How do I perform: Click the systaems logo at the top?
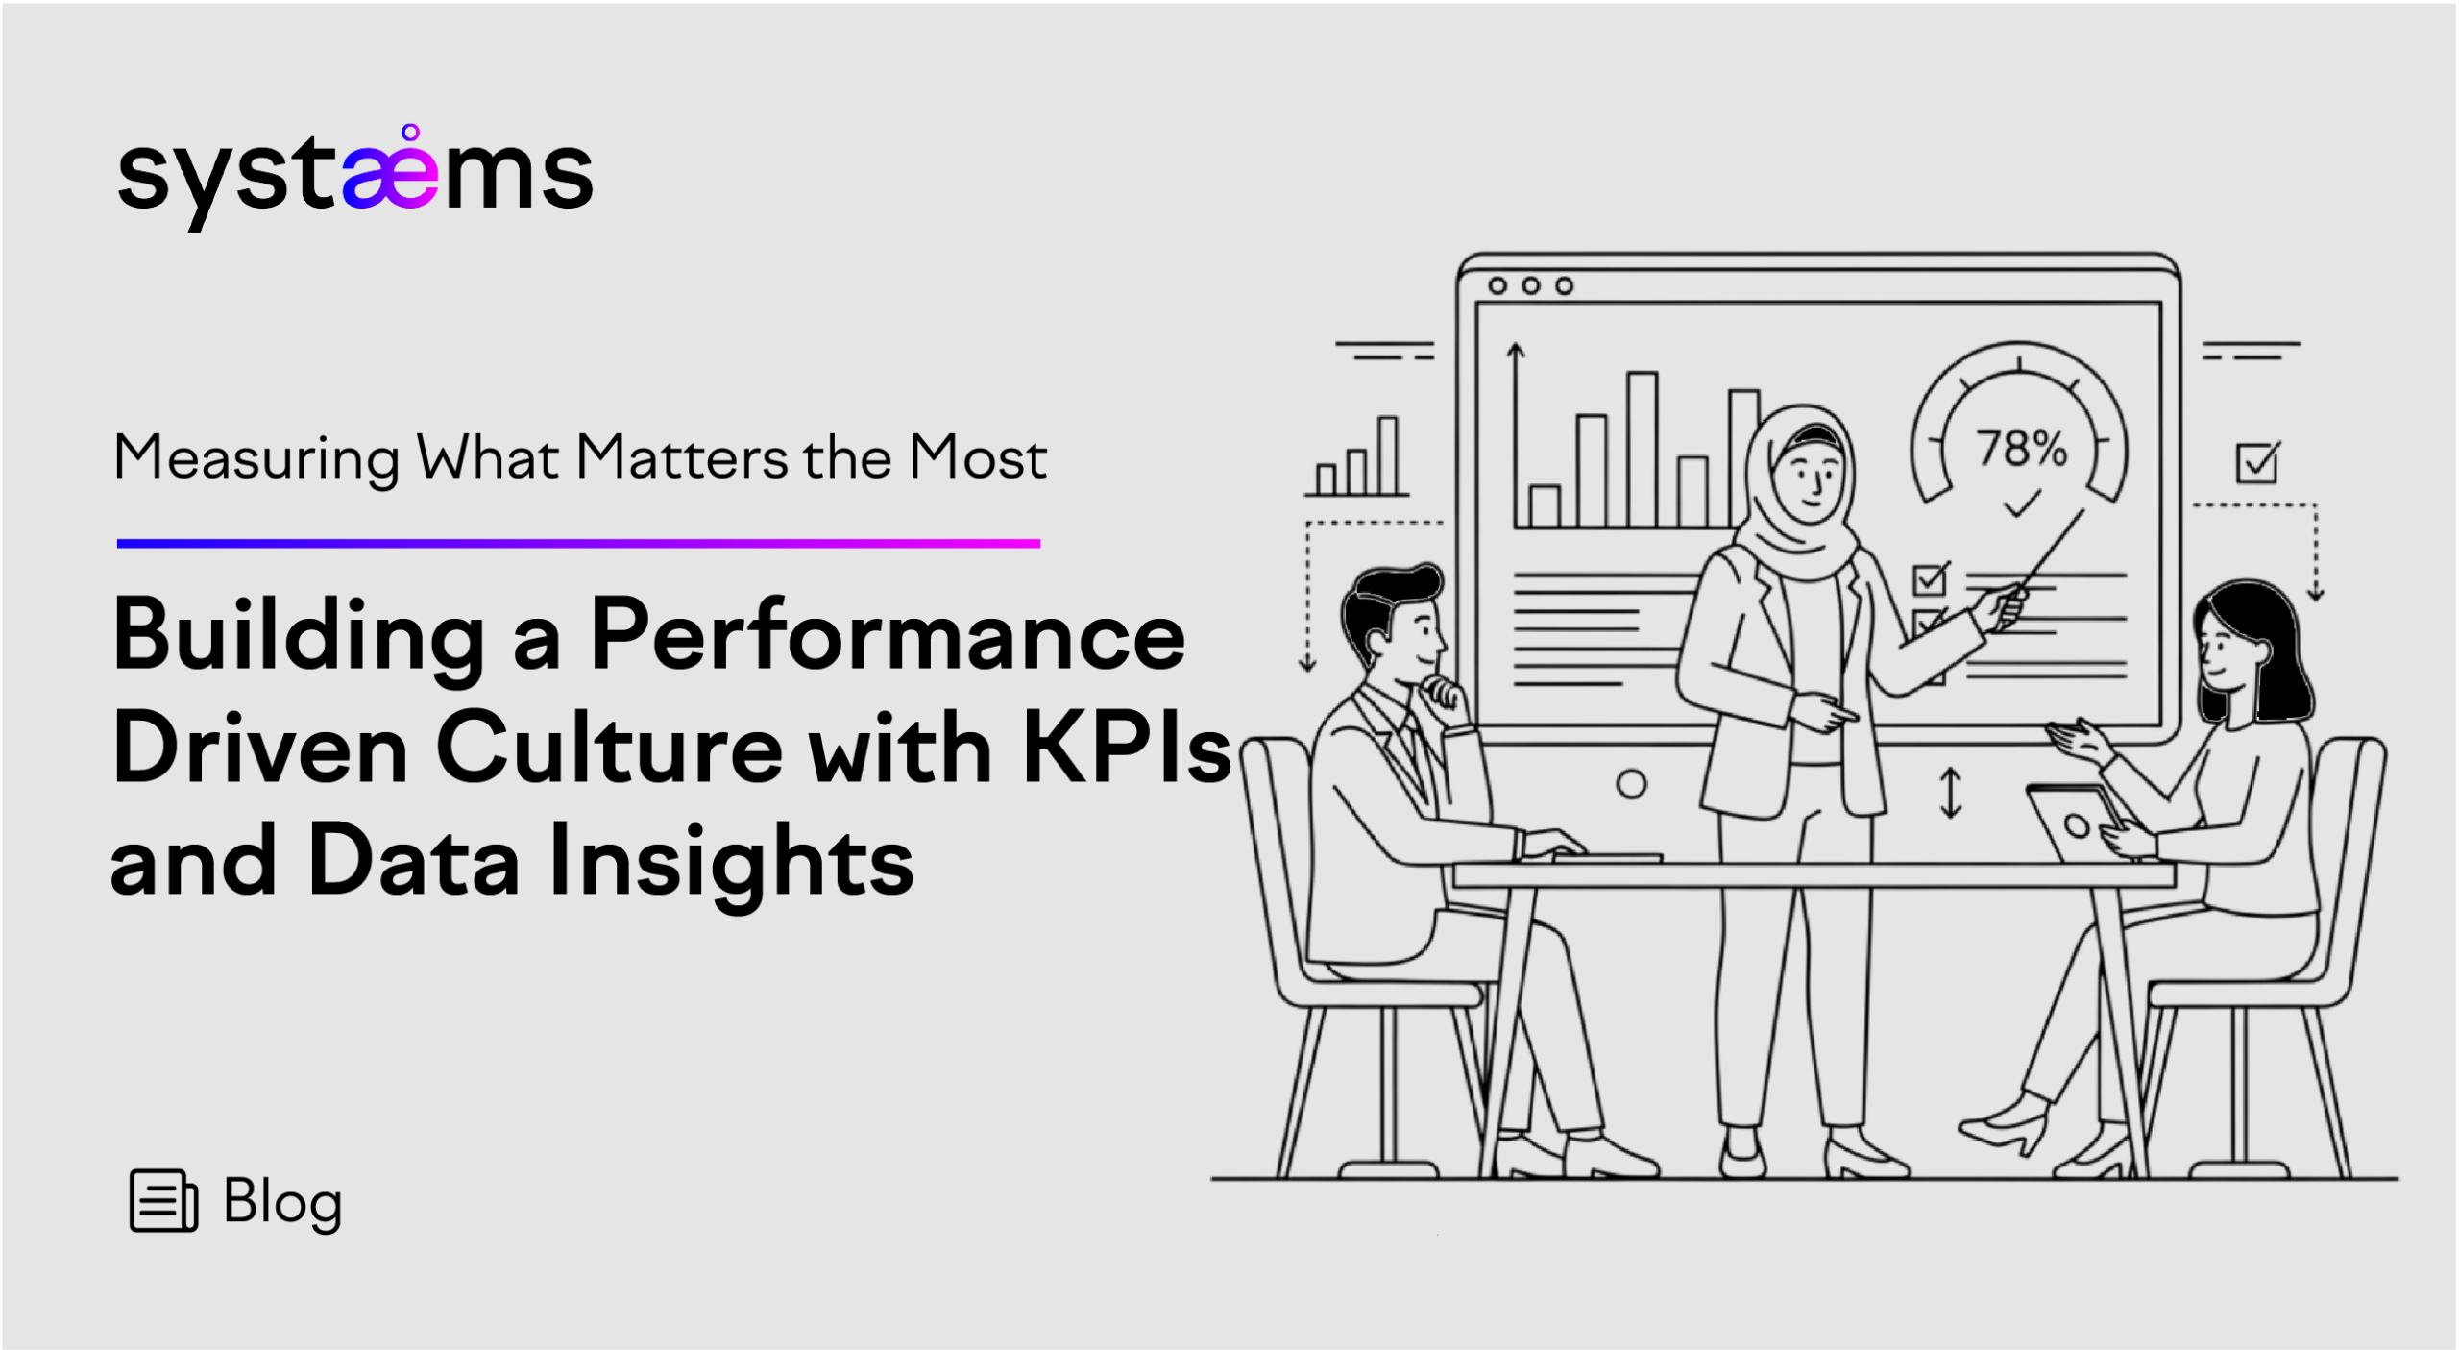(x=354, y=177)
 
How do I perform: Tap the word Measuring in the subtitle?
(x=256, y=459)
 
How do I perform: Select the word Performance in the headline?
(x=888, y=635)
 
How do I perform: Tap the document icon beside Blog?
(x=163, y=1200)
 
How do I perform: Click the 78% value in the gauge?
(x=2021, y=448)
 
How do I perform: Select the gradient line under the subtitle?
(x=578, y=544)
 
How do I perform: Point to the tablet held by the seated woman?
(x=2077, y=822)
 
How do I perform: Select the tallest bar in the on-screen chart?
(x=1643, y=450)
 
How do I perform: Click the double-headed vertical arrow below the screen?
(x=1951, y=793)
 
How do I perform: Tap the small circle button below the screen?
(x=1631, y=784)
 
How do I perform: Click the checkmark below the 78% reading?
(x=2021, y=503)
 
